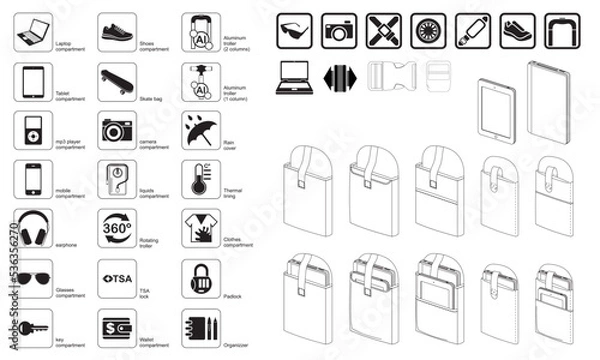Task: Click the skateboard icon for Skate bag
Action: point(117,79)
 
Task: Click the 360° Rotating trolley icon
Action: point(117,228)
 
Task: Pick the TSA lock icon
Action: point(117,277)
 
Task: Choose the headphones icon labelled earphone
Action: point(34,228)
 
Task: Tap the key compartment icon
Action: point(34,327)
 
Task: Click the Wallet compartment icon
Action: point(117,327)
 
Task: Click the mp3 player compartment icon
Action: point(34,129)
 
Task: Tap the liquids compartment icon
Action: point(117,178)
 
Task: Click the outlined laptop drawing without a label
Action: point(295,75)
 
